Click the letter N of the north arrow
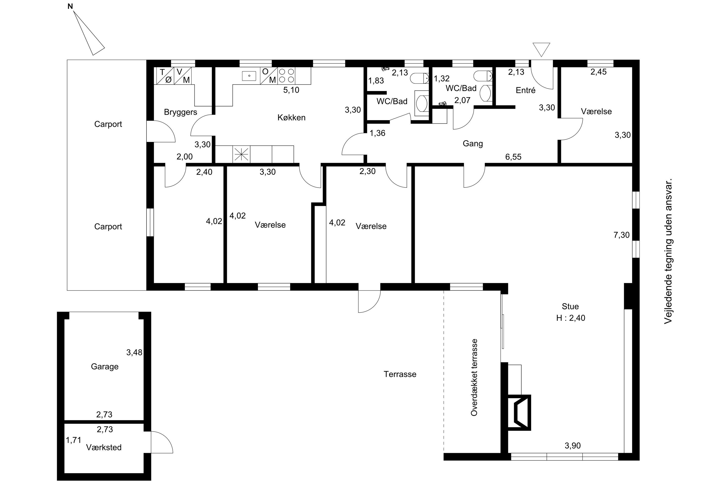tap(70, 6)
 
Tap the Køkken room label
tap(291, 118)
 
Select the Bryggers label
tap(180, 112)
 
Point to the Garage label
tap(105, 367)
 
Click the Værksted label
tap(104, 447)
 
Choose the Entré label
tap(526, 90)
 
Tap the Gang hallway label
tap(473, 144)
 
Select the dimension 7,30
tap(622, 235)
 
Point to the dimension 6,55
tap(513, 157)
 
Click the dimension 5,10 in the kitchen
tap(291, 90)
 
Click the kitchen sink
tap(249, 76)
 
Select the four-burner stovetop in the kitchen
tap(287, 76)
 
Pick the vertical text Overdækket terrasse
tap(474, 377)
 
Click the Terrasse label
tap(400, 374)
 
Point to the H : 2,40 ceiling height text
tap(571, 318)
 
